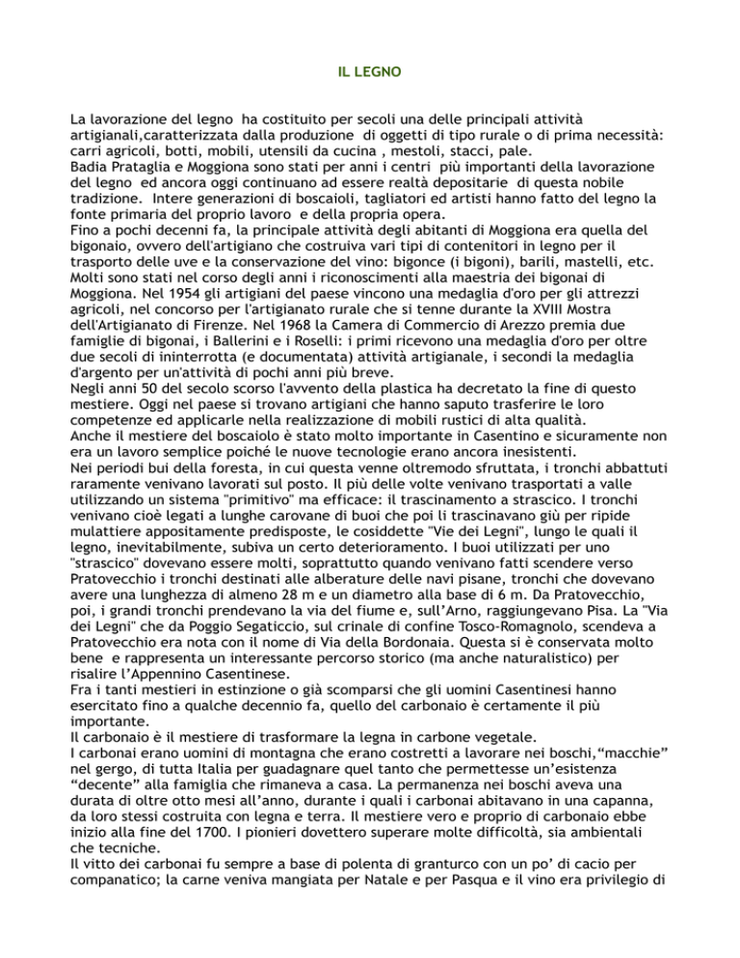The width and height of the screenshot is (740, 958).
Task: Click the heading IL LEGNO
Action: click(370, 71)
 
